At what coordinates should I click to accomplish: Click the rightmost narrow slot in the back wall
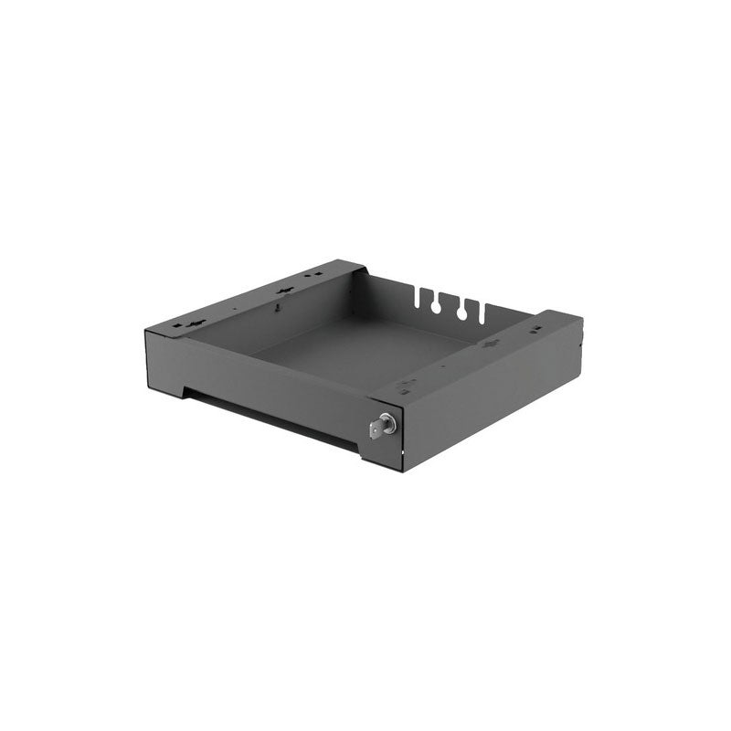486,312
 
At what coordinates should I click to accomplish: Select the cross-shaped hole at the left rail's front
194,324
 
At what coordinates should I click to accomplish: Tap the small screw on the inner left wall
274,309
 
